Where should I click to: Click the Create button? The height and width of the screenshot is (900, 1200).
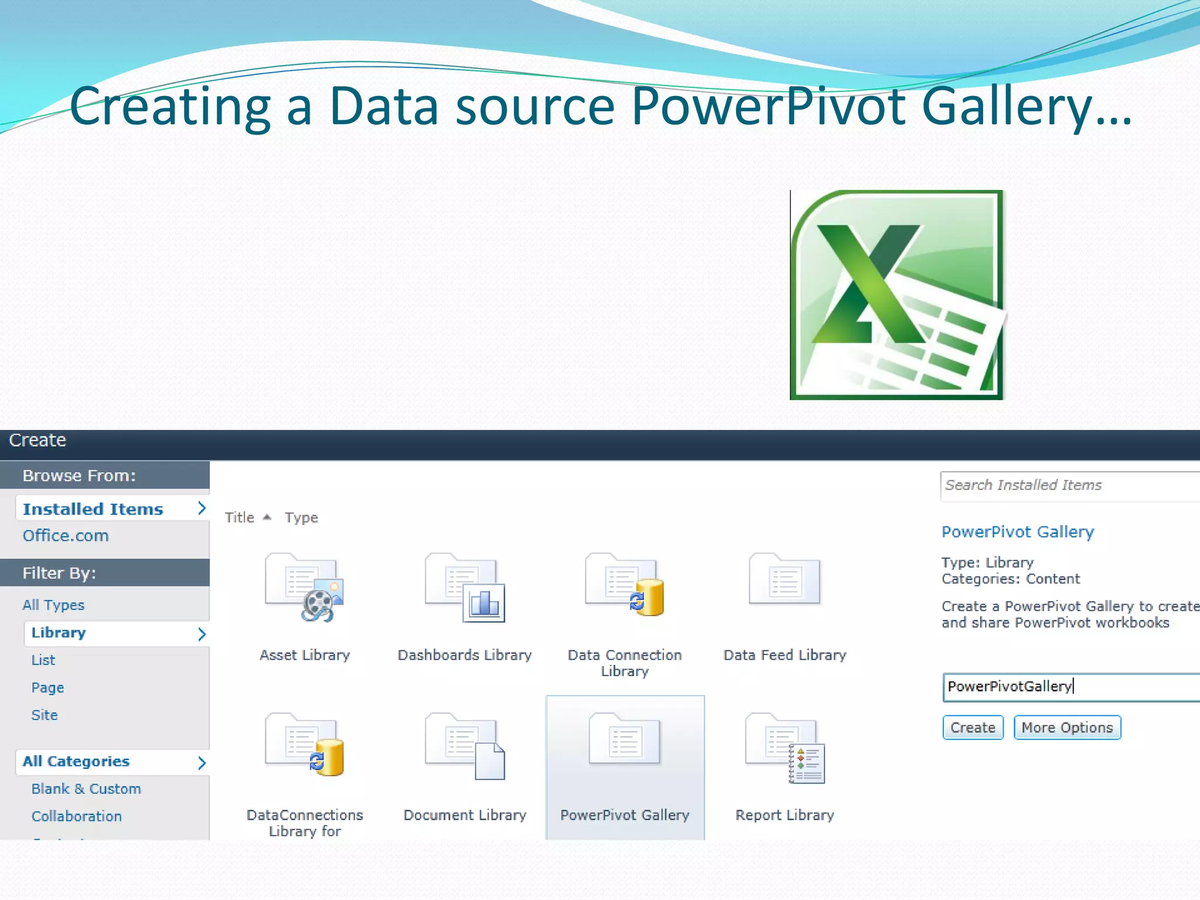tap(973, 727)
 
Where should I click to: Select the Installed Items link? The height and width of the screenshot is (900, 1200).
tap(93, 509)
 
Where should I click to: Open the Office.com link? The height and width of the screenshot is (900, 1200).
tap(66, 536)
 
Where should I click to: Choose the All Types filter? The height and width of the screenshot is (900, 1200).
tap(53, 605)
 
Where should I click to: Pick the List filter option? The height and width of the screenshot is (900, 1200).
tap(43, 660)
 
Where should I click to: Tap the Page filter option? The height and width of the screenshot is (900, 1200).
tap(47, 687)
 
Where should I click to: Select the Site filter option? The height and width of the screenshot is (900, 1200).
tap(45, 715)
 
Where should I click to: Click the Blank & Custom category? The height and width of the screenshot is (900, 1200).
tap(86, 789)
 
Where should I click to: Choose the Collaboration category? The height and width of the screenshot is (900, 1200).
tap(77, 816)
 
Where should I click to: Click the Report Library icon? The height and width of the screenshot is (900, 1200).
tap(785, 748)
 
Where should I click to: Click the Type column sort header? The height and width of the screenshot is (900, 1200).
tap(301, 518)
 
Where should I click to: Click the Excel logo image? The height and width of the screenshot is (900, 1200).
tap(896, 295)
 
